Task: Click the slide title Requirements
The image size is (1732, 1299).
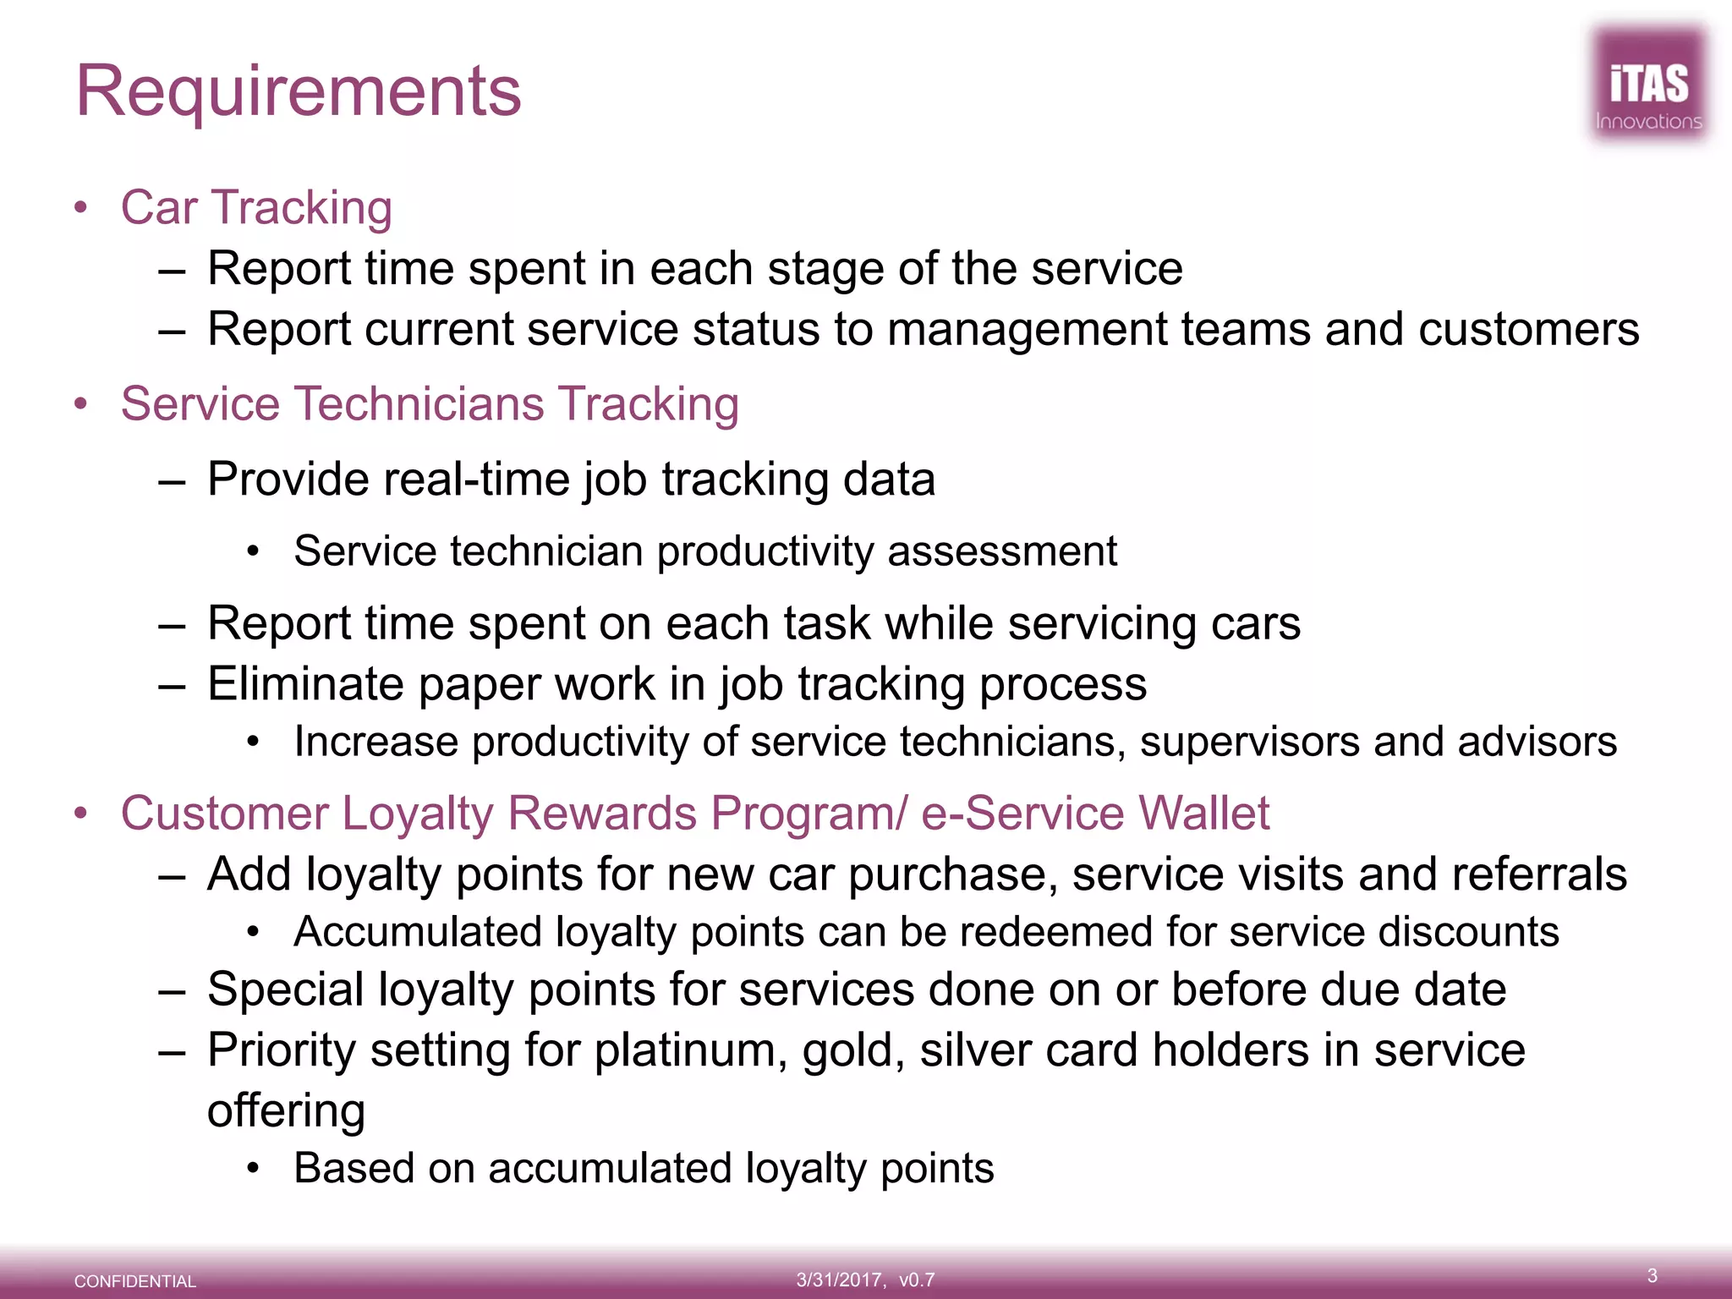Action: (x=299, y=91)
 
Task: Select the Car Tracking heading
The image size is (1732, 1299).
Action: (x=256, y=207)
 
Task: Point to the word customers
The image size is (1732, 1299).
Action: (x=1528, y=329)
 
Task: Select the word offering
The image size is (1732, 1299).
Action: (x=286, y=1110)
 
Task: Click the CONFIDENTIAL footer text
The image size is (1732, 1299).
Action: (x=135, y=1281)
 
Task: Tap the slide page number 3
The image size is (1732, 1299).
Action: (x=1652, y=1275)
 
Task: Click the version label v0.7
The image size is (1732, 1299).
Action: (x=917, y=1280)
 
